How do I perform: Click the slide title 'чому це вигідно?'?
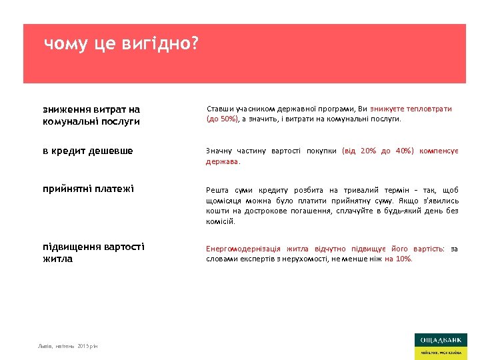[121, 45]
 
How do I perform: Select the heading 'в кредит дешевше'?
[87, 151]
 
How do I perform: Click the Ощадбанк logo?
[440, 346]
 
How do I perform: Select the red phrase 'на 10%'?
[399, 259]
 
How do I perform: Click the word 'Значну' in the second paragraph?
[219, 151]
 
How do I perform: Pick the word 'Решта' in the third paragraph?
[217, 190]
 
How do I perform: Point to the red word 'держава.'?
[223, 161]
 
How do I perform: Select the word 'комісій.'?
[220, 221]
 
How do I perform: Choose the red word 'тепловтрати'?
[427, 109]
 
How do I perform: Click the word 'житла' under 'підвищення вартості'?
[57, 259]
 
